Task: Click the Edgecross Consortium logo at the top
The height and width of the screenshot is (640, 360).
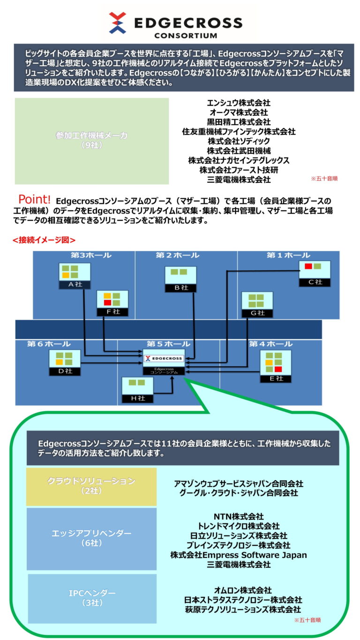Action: click(x=180, y=23)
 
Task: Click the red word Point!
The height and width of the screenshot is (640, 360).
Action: click(x=34, y=201)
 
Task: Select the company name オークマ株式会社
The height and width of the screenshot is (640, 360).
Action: click(x=239, y=112)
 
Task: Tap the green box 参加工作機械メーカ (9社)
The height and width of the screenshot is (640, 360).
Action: click(x=91, y=141)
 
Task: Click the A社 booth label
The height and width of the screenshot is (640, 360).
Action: click(x=75, y=284)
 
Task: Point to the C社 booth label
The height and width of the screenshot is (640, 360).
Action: click(x=315, y=282)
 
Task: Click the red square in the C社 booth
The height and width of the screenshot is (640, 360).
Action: click(x=308, y=267)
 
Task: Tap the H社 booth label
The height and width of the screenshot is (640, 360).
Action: click(x=137, y=399)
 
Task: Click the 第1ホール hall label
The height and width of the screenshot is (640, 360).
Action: click(x=288, y=255)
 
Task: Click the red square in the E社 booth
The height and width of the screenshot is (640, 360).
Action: click(x=278, y=369)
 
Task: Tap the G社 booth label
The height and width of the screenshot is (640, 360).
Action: click(x=255, y=313)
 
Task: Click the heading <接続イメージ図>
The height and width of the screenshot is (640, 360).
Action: click(x=44, y=240)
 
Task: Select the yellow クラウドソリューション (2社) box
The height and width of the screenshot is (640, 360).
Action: click(x=91, y=486)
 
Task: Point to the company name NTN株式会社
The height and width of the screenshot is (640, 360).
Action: click(x=239, y=517)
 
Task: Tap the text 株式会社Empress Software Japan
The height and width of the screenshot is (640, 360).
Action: click(x=239, y=555)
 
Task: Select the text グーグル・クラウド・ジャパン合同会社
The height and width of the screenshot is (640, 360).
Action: click(x=239, y=493)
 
